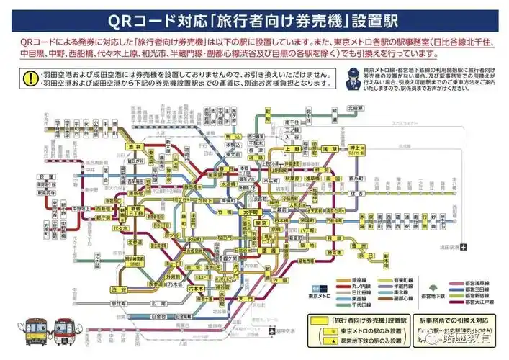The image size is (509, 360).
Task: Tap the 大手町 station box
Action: click(249, 213)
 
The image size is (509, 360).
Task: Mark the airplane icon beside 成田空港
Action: click(463, 249)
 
